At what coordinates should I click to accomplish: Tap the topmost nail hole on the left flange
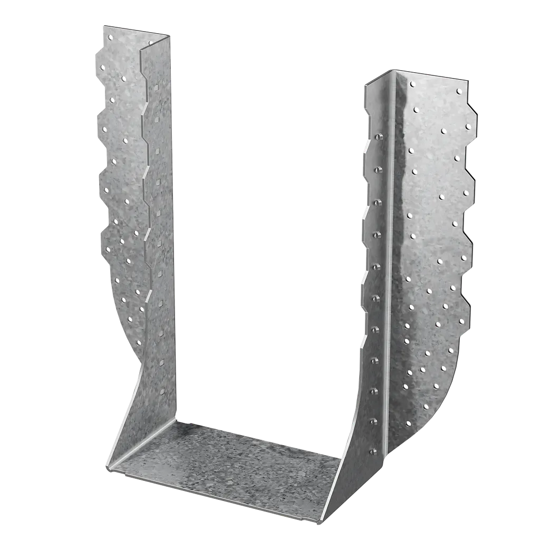coord(110,37)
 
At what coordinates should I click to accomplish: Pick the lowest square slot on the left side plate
coord(162,391)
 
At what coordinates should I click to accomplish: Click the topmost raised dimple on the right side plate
coord(378,137)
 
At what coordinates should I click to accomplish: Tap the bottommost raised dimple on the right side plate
coord(373,451)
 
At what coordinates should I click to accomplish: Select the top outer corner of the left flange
coord(103,24)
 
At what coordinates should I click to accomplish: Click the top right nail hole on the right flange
coord(459,91)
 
